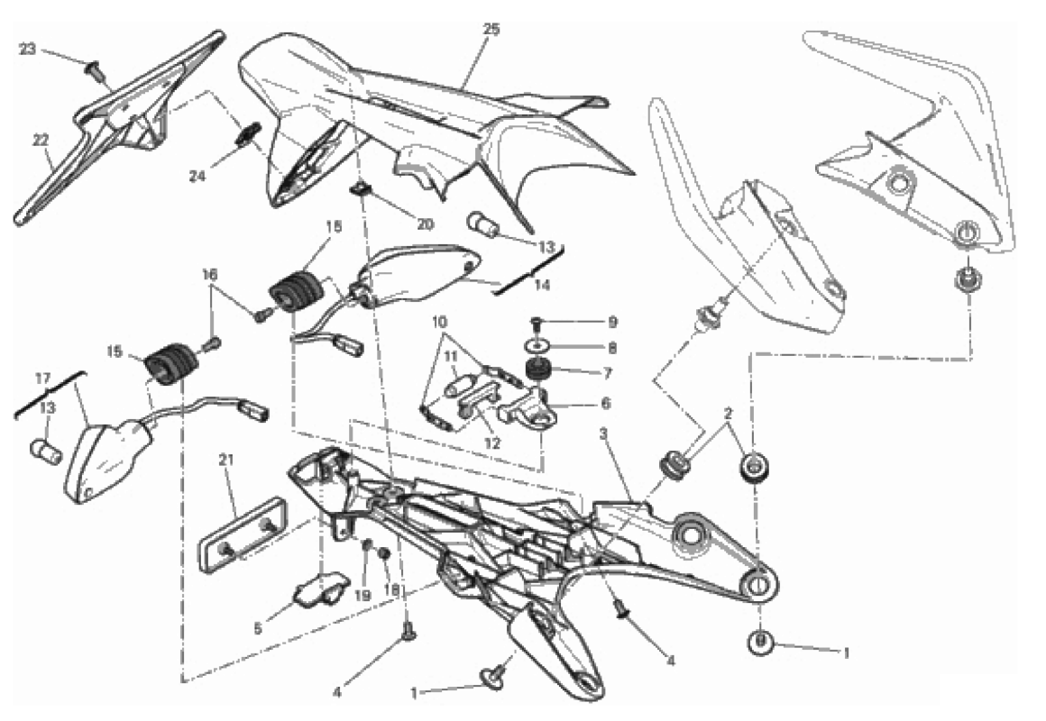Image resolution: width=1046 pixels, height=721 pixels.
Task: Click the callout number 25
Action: coord(491,30)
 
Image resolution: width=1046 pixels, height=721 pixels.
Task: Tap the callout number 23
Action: coord(27,50)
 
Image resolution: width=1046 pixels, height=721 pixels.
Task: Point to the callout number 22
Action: coord(41,140)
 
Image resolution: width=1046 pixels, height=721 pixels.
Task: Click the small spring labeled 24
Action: coord(245,137)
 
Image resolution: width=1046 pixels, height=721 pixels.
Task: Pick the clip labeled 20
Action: coord(360,191)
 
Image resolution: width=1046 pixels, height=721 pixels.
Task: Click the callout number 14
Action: coord(542,285)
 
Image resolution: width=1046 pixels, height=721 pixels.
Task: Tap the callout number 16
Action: coord(210,274)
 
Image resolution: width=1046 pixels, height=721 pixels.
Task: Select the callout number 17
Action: coord(42,379)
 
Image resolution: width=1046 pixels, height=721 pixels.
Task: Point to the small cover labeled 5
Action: coord(322,588)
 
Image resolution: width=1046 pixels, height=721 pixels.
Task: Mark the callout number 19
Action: coord(362,595)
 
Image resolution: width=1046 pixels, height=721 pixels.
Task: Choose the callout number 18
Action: coord(391,589)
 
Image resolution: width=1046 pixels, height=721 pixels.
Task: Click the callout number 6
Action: coord(606,403)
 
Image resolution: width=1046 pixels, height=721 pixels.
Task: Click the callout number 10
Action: coord(439,322)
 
